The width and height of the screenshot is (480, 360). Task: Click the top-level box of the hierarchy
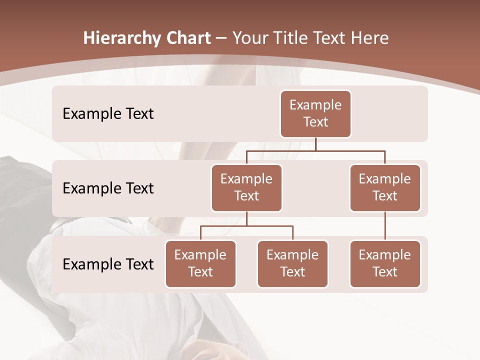click(x=315, y=113)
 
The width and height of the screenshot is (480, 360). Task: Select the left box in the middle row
click(x=246, y=187)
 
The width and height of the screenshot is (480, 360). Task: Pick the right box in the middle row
click(x=385, y=187)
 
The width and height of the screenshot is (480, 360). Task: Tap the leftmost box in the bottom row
click(x=200, y=263)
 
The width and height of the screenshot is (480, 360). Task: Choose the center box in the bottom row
click(x=292, y=263)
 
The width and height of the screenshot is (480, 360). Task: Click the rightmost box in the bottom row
click(x=385, y=263)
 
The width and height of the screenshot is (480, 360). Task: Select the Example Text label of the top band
click(x=108, y=113)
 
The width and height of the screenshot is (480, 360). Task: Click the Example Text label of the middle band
click(x=108, y=188)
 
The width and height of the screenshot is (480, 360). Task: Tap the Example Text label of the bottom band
click(x=108, y=264)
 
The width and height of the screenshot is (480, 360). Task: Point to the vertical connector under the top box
click(x=315, y=144)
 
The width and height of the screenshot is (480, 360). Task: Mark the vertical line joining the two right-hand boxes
click(x=385, y=226)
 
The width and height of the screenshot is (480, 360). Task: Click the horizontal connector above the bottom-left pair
click(x=246, y=226)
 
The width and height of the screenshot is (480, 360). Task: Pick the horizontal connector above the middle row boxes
click(x=315, y=150)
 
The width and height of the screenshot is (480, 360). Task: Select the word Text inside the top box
click(x=315, y=122)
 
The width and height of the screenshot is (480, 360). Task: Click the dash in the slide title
click(x=220, y=38)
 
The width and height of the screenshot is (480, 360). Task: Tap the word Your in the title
click(x=249, y=38)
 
